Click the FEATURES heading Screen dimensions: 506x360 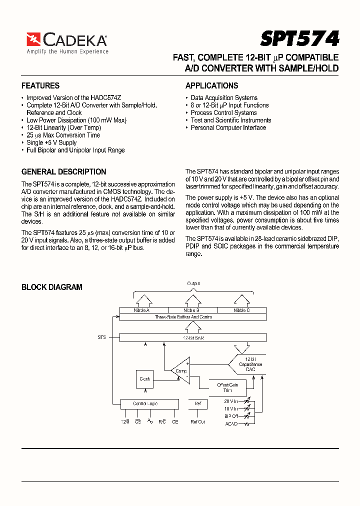tap(40, 85)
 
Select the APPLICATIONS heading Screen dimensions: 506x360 tap(211, 85)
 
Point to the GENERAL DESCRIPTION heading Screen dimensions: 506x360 tap(64, 171)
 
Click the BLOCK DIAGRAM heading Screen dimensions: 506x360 tap(52, 287)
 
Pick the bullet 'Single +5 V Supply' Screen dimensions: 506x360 tap(51, 142)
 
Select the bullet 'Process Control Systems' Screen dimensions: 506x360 tap(223, 112)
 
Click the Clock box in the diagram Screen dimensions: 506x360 tap(145, 379)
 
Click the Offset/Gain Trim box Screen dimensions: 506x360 tap(227, 387)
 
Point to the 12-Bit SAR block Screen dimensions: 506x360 tap(192, 338)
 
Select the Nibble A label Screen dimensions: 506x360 tap(141, 310)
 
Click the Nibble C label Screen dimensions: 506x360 tap(241, 310)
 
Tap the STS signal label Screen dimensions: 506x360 tap(101, 337)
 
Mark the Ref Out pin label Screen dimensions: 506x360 tap(197, 421)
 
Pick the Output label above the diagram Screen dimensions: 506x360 tap(193, 283)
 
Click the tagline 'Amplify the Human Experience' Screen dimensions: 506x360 tap(67, 51)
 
